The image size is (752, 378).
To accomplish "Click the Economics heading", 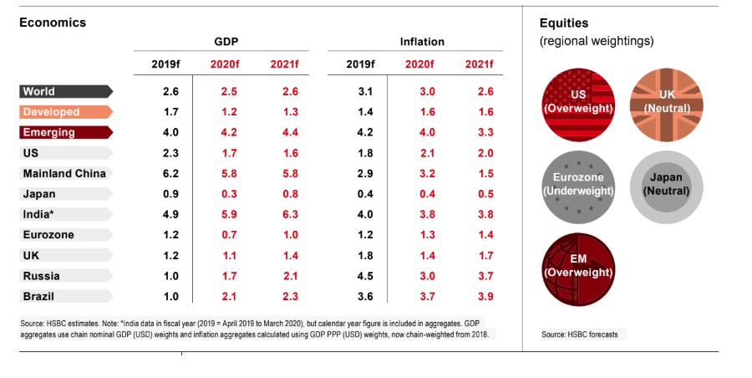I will click(53, 23).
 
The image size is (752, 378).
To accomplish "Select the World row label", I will click(39, 91).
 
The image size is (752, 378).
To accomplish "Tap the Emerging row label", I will click(49, 132).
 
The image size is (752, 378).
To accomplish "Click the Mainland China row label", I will click(63, 173).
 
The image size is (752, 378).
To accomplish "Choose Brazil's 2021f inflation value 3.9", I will click(485, 296).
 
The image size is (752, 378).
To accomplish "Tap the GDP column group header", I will click(226, 41).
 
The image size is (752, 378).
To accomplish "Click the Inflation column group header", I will click(422, 41).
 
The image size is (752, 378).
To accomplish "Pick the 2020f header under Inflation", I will click(419, 64).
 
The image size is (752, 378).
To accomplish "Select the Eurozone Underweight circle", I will click(578, 185).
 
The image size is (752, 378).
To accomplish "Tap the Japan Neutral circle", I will click(666, 185).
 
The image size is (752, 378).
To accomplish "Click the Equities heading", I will click(564, 23).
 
